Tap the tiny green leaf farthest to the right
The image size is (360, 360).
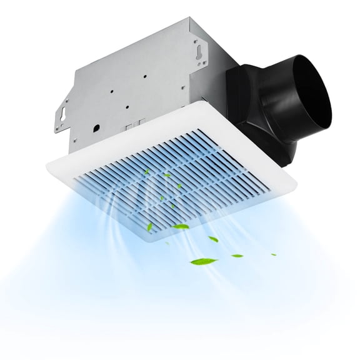(x=273, y=254)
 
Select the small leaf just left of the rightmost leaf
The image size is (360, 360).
(x=237, y=255)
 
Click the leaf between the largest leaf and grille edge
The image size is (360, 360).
(x=213, y=239)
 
